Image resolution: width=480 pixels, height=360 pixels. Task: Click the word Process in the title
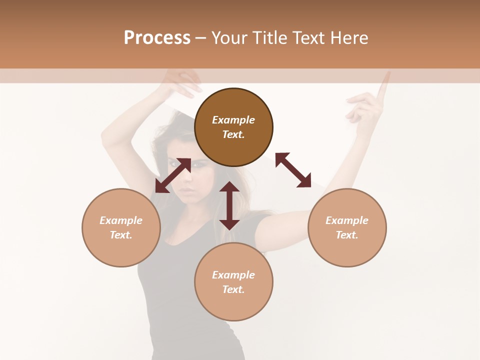pos(157,38)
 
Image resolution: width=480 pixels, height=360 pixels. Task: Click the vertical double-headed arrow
pos(229,205)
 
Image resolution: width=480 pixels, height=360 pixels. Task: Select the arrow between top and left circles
pos(173,175)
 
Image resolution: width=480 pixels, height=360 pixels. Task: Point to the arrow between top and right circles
pos(293,170)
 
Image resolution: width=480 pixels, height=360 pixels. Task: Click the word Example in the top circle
pos(233,120)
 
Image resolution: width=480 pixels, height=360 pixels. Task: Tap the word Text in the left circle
pos(121,235)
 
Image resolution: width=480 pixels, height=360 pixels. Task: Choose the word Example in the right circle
pos(347,220)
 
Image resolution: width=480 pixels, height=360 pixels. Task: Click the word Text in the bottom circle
pos(233,289)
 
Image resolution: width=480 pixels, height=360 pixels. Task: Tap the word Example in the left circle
pos(121,220)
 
